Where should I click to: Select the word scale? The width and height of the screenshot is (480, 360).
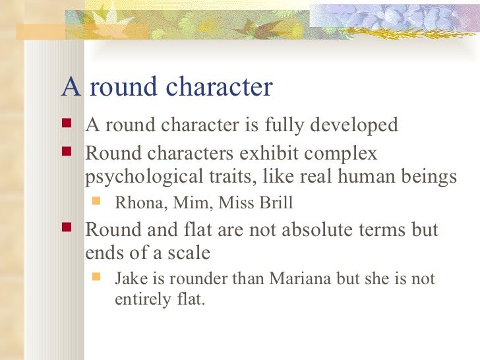pyautogui.click(x=189, y=253)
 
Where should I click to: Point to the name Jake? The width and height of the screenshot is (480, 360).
pyautogui.click(x=130, y=278)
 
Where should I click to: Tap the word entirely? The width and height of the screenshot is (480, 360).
pyautogui.click(x=135, y=301)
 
